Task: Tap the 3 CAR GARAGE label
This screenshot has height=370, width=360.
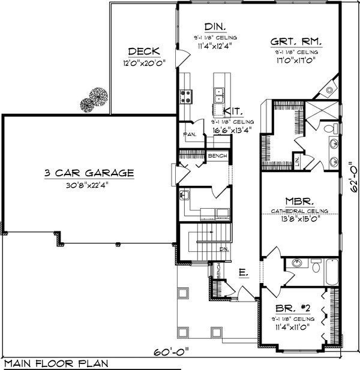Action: click(88, 173)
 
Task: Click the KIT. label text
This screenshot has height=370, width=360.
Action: click(233, 111)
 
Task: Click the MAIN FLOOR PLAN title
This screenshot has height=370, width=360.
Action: click(50, 363)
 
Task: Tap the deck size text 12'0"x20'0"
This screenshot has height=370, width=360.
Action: click(142, 63)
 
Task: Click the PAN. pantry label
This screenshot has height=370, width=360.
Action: click(188, 134)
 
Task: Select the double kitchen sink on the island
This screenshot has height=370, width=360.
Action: click(219, 93)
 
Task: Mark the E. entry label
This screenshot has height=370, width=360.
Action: click(242, 273)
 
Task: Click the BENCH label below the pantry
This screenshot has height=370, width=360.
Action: click(215, 157)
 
